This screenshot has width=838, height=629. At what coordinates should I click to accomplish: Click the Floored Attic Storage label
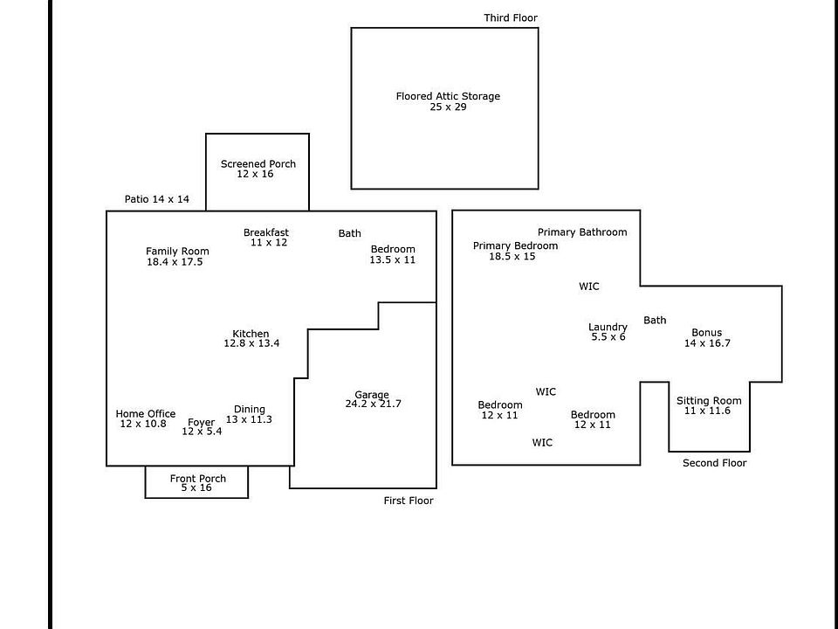point(448,96)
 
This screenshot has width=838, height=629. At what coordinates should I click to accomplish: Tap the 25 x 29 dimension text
point(448,107)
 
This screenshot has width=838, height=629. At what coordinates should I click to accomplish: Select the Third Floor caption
point(511,17)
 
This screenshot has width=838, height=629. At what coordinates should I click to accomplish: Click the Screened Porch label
point(258,163)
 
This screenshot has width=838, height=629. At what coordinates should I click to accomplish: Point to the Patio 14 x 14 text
point(156,199)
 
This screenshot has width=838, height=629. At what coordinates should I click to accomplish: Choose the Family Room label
point(177,252)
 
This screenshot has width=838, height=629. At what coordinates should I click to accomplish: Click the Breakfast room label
point(266,232)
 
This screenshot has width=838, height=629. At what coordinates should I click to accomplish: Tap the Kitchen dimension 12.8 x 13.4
point(251,343)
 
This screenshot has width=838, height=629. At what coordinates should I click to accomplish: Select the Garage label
point(372,395)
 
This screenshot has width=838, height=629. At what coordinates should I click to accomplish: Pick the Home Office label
point(146,413)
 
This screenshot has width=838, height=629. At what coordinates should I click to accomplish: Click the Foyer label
point(201,423)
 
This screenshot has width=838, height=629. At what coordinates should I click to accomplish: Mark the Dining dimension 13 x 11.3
point(249,419)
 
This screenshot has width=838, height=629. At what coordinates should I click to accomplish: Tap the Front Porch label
point(198,478)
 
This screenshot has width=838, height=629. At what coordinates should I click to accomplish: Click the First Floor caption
point(409,501)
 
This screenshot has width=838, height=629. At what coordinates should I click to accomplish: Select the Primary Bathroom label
point(582,232)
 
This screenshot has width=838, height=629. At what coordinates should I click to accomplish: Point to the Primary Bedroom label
point(515,245)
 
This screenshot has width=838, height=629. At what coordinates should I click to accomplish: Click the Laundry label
point(608,327)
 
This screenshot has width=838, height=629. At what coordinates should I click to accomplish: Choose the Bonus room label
point(706,333)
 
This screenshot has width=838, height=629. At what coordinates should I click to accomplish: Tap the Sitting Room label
point(709,401)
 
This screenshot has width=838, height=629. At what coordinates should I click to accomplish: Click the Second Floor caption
point(715,463)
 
